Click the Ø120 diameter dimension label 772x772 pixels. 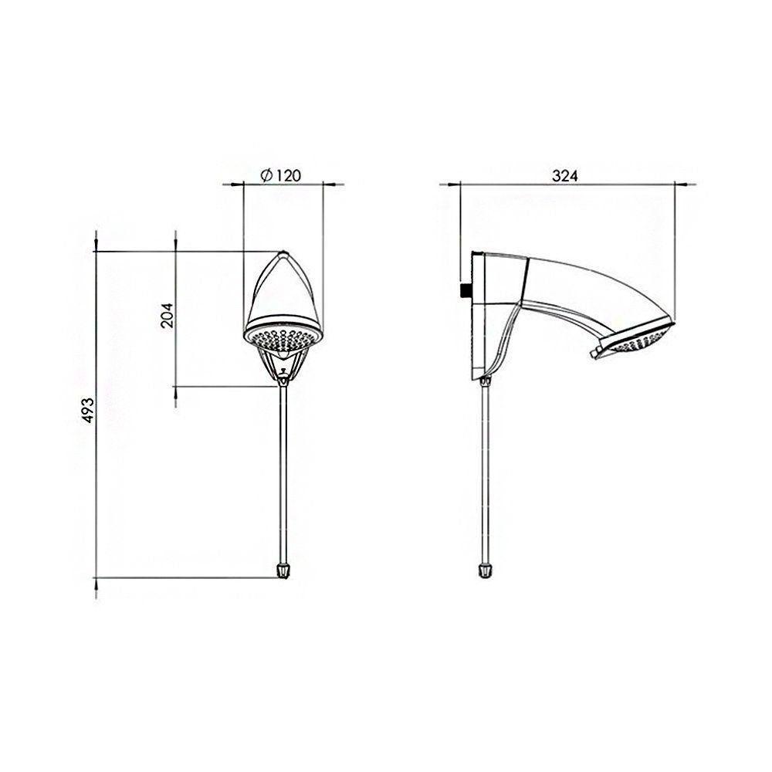(281, 176)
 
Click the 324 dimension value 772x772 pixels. (565, 176)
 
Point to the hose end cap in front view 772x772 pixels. (284, 571)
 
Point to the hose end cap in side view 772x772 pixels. (485, 571)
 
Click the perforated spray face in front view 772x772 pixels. (283, 339)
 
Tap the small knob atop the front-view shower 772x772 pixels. (283, 253)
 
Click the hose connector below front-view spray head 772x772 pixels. (284, 372)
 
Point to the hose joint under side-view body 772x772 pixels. (486, 378)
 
